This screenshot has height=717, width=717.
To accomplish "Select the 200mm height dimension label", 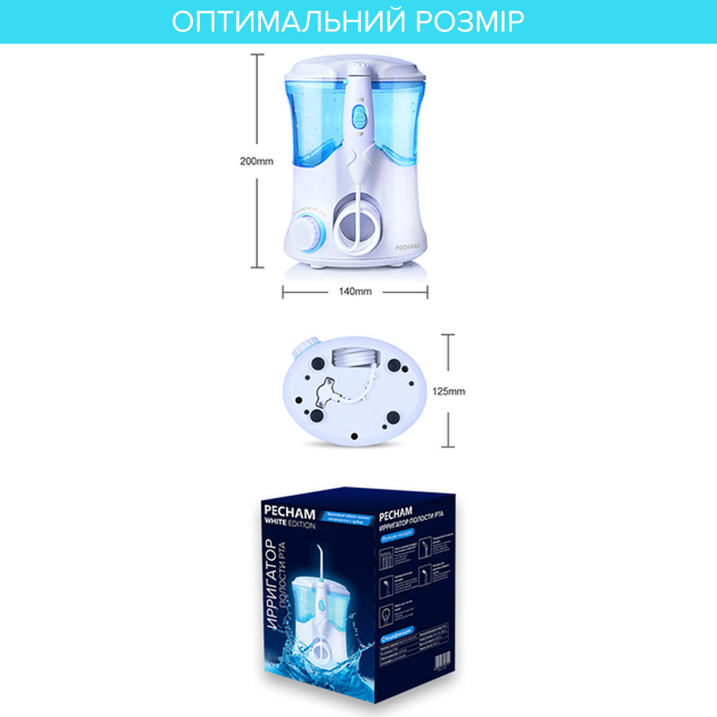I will (x=256, y=161).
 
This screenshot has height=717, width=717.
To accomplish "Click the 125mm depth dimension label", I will (x=450, y=391).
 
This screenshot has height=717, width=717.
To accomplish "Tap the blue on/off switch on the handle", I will (x=358, y=115).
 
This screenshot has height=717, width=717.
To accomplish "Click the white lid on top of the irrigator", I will (x=358, y=68).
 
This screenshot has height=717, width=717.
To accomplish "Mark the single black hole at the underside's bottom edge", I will (x=356, y=434).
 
